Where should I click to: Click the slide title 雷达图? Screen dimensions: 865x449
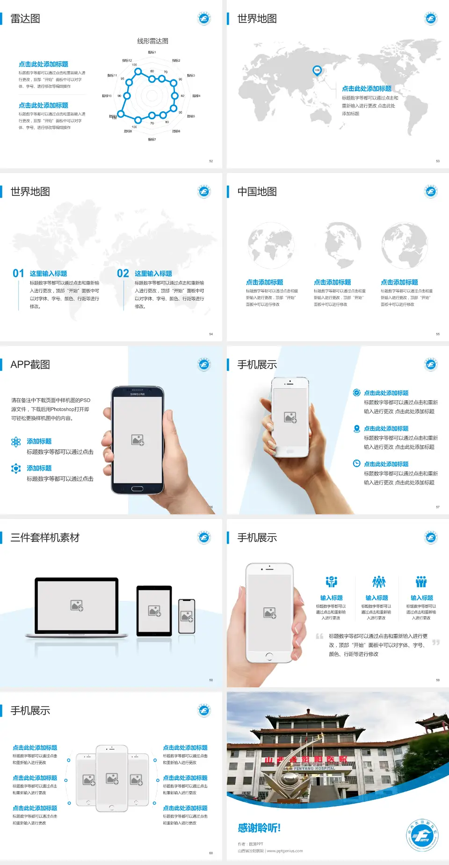pos(25,19)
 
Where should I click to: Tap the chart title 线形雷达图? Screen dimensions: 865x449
pos(152,41)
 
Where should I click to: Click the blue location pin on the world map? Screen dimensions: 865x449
pos(317,71)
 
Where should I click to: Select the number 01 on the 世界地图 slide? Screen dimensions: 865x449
pos(18,274)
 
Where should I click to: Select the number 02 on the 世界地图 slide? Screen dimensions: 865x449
pos(123,274)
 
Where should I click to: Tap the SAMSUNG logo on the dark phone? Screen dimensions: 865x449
pos(138,394)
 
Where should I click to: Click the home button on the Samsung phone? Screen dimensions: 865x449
pos(137,489)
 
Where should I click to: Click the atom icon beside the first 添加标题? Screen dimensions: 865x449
pos(16,442)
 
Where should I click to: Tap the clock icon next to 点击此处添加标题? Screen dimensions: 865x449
pos(356,463)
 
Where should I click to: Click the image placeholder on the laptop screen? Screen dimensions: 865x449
pos(77,605)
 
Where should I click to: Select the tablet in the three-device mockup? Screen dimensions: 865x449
pos(154,610)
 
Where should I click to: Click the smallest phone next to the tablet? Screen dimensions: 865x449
pos(187,616)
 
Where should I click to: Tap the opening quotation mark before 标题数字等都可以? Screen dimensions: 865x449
pos(319,636)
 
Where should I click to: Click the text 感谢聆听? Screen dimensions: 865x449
pos(259,828)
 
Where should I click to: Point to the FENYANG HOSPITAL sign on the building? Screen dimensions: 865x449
pos(314,768)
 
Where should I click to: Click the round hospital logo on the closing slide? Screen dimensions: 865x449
pos(422,835)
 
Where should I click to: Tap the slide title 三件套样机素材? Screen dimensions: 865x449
pos(45,538)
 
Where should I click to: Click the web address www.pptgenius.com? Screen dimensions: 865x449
pos(285,851)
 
